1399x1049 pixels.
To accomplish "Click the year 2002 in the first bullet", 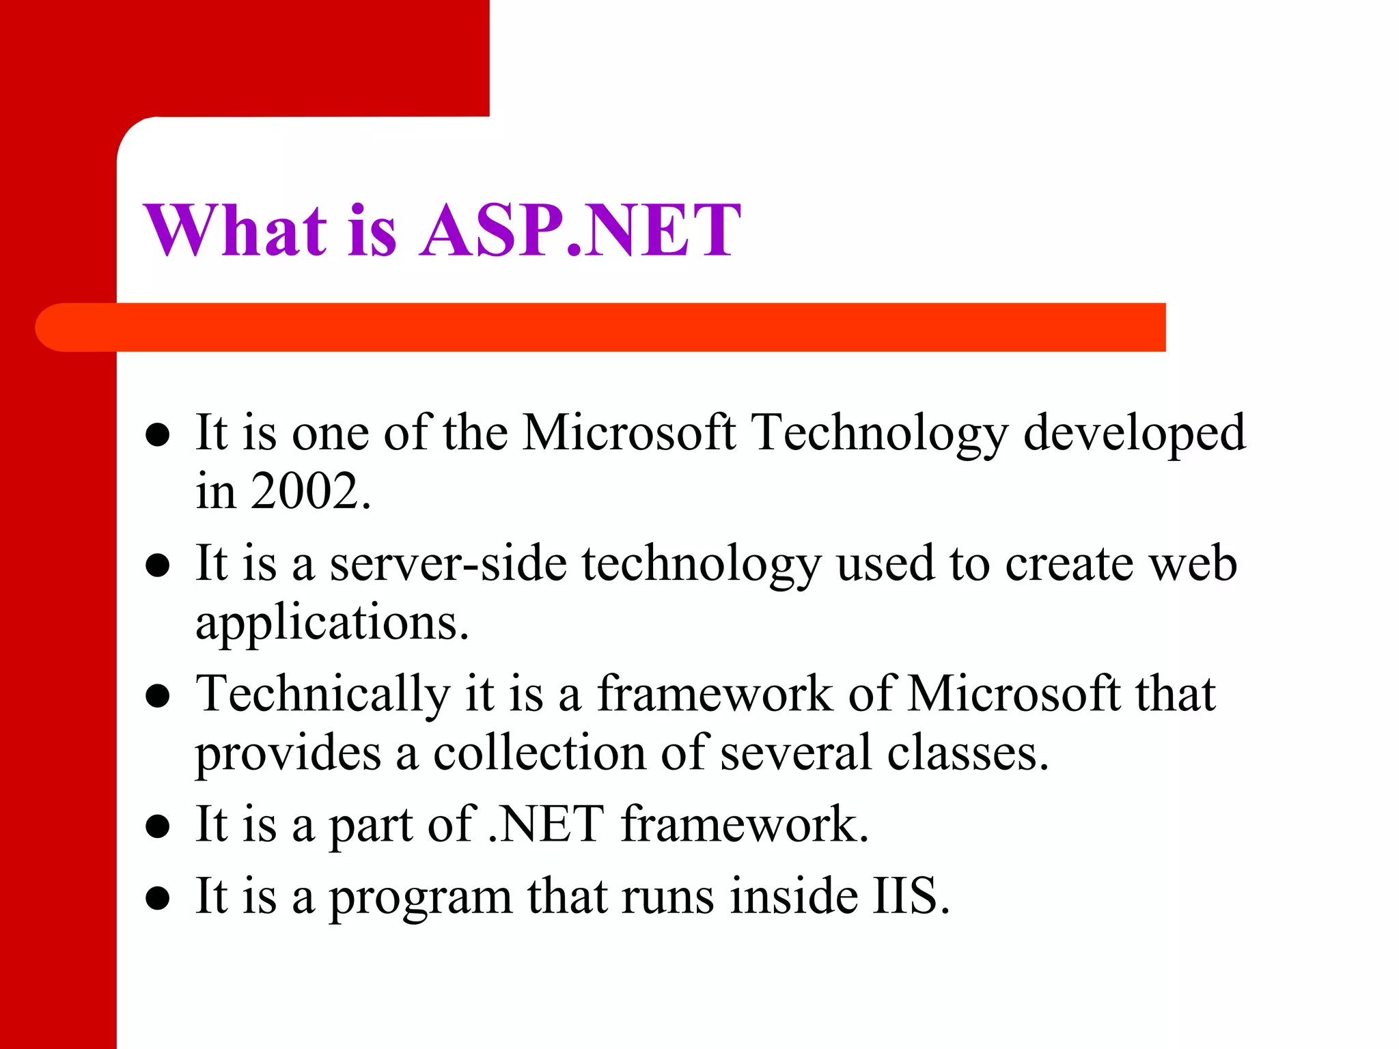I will tap(305, 491).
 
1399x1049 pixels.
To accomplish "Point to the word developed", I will tap(1134, 434).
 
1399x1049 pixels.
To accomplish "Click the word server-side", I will tap(448, 564).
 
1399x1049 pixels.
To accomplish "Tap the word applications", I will tap(332, 623).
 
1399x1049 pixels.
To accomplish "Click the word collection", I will tap(540, 753).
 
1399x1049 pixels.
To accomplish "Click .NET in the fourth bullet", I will tap(546, 824).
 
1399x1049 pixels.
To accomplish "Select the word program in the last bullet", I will tap(421, 899).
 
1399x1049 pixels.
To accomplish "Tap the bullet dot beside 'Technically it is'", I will tap(158, 696).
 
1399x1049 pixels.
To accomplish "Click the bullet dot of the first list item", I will tap(158, 435).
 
